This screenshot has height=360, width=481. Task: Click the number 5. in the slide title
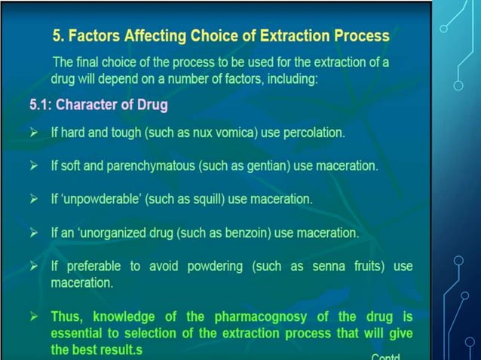(x=59, y=35)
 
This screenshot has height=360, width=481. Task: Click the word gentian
(x=265, y=166)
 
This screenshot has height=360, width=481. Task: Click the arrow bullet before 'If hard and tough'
(x=33, y=133)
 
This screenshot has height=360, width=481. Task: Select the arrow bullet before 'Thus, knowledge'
(x=33, y=317)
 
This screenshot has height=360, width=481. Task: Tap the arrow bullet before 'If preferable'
(x=33, y=267)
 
